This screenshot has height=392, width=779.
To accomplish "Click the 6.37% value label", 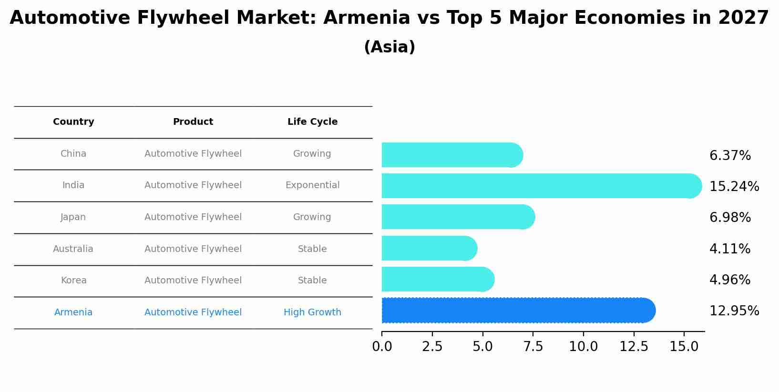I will (730, 156).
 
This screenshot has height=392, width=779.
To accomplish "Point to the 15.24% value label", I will (734, 187).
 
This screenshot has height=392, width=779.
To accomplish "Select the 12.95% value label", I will (734, 311).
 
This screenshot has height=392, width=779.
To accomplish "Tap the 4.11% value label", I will (730, 249).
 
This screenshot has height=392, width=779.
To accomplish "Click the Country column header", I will (73, 122).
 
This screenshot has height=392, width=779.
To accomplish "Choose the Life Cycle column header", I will (312, 122).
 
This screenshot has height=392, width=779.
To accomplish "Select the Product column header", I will (193, 122).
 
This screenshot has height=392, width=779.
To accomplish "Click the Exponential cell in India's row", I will (312, 185).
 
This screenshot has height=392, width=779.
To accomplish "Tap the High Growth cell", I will (312, 312).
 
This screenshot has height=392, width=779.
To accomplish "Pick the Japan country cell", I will (73, 217).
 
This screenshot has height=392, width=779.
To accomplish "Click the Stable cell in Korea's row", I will (312, 281).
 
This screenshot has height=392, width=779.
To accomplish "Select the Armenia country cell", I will (73, 312).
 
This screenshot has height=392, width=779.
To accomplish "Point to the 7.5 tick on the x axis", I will (533, 347).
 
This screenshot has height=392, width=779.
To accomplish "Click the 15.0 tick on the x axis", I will (684, 347).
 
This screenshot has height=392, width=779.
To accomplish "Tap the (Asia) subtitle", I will (389, 47).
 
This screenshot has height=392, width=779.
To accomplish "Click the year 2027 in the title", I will (743, 18).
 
